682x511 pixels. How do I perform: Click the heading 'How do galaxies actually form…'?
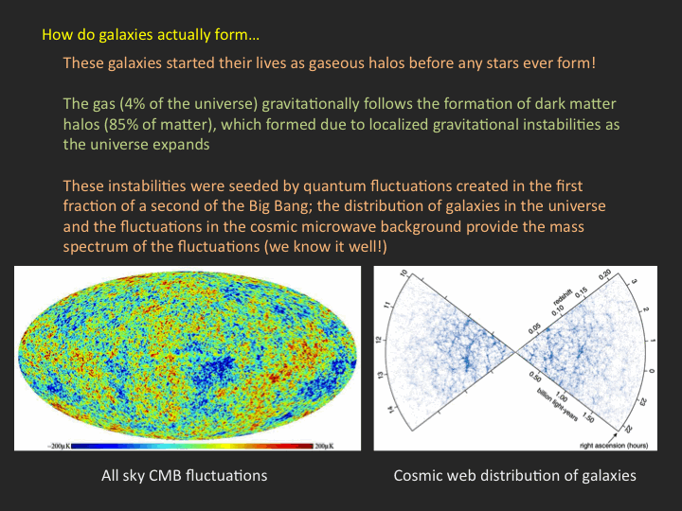[151, 35]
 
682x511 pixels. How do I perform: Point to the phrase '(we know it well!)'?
[325, 247]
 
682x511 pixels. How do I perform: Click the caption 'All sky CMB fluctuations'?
[185, 475]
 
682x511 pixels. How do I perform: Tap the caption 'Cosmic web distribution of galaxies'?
[515, 475]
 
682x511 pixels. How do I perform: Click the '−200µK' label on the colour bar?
[59, 447]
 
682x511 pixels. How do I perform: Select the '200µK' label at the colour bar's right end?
[324, 447]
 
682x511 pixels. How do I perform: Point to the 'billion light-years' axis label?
[558, 405]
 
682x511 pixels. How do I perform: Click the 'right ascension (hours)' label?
[614, 446]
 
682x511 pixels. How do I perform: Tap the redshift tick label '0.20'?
[604, 275]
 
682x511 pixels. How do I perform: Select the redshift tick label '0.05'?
[534, 328]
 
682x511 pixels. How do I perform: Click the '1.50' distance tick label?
[588, 418]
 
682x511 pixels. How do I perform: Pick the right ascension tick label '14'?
[393, 410]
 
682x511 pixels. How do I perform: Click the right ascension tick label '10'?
[404, 273]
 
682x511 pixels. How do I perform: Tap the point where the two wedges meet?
[515, 352]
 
